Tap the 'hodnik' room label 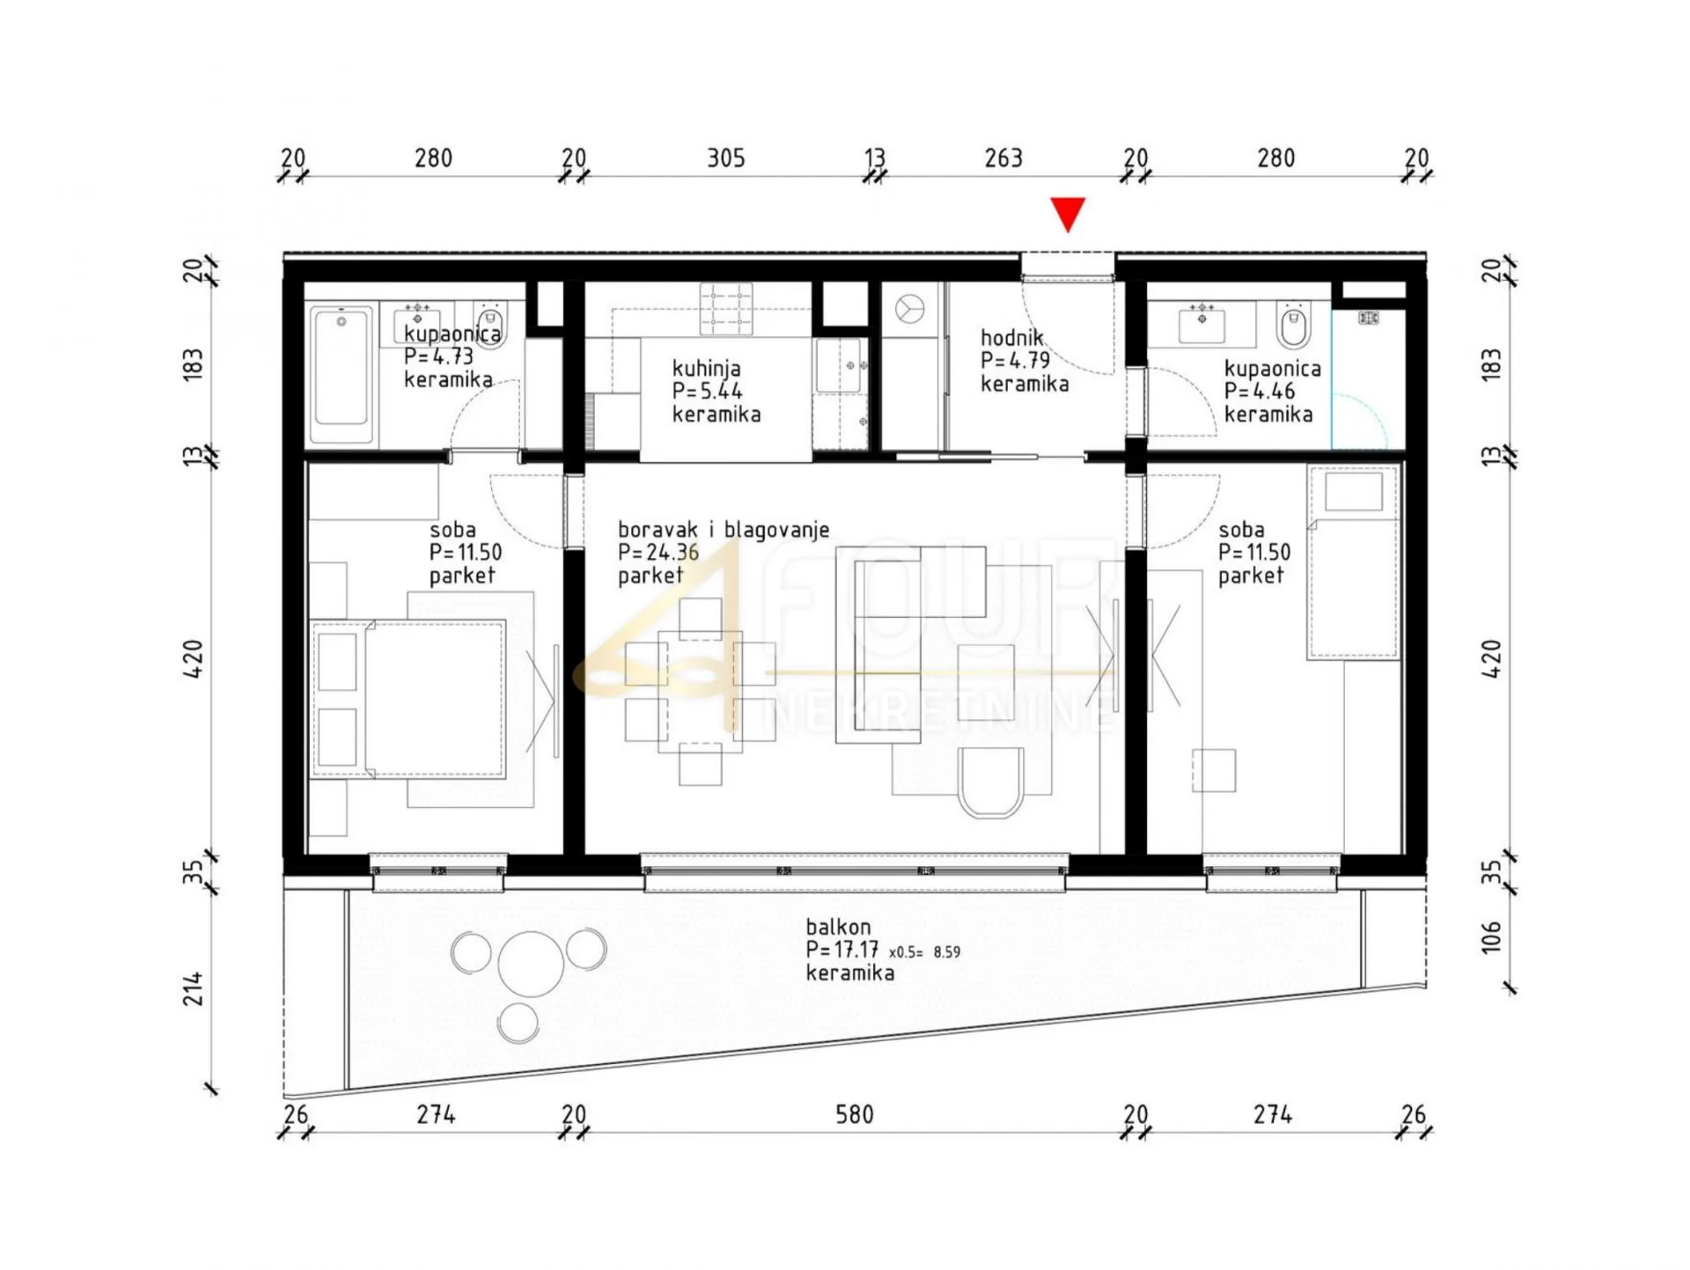coord(1012,337)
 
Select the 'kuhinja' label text coord(706,369)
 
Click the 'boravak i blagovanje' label coord(724,530)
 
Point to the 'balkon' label coord(838,927)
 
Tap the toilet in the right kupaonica coord(1291,326)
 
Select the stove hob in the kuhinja coord(726,309)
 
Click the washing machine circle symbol coord(909,310)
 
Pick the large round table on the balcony coord(531,964)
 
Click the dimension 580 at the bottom coord(854,1115)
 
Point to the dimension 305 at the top coord(726,158)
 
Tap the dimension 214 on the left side coord(193,988)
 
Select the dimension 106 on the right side coord(1490,937)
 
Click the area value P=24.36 coord(658,553)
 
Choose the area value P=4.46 coord(1260,392)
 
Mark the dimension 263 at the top coord(1003,158)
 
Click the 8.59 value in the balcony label coord(947,952)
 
